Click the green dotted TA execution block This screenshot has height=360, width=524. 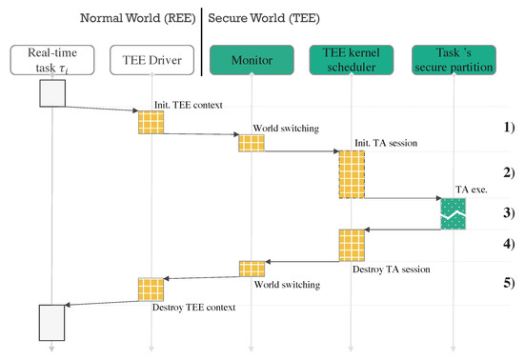452,213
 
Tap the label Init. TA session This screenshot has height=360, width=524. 380,143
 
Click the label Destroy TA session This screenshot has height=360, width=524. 391,270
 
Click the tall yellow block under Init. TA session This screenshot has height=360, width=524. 352,174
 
